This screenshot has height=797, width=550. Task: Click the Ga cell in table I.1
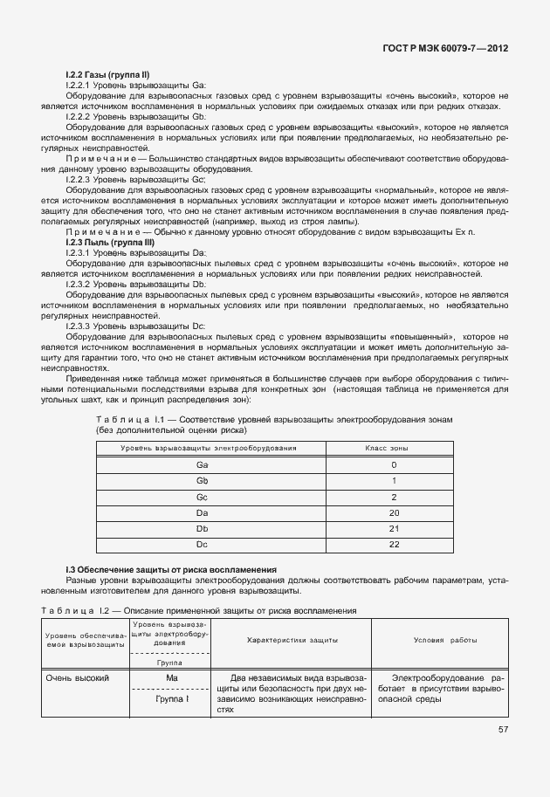click(x=203, y=465)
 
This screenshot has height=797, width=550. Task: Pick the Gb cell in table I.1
click(x=203, y=481)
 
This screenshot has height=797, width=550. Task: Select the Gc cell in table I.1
click(x=203, y=497)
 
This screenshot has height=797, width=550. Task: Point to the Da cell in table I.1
click(x=203, y=512)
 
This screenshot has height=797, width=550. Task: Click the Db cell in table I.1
click(x=203, y=528)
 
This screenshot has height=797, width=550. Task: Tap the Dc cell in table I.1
click(x=203, y=544)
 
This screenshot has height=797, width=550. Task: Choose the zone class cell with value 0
click(x=394, y=465)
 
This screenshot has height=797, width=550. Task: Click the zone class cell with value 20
click(x=394, y=512)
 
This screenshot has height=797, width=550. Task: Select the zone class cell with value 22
click(x=394, y=544)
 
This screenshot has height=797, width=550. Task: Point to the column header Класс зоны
click(x=394, y=448)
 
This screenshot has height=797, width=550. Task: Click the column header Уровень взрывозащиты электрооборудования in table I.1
click(x=203, y=448)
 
